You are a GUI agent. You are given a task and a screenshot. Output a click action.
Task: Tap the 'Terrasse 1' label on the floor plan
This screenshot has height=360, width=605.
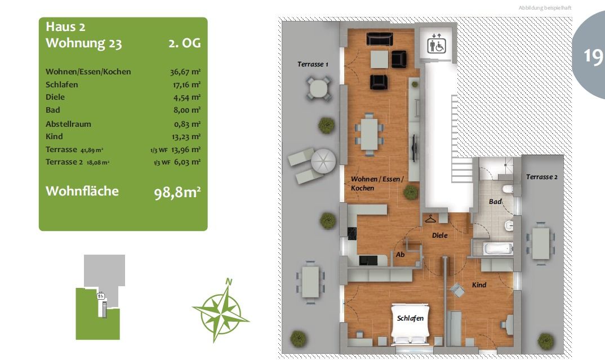pos(313,64)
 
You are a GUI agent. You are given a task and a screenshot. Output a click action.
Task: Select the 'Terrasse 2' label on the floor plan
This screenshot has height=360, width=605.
pos(542,177)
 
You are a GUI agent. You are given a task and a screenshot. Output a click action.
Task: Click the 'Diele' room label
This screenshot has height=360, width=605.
pos(440,235)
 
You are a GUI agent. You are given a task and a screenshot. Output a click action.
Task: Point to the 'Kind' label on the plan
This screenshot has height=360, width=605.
pos(479,285)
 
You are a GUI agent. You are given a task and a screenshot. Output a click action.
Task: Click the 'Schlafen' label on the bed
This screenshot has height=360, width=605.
pos(410,318)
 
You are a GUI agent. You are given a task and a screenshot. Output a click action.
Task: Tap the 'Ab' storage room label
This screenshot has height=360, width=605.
pos(400,255)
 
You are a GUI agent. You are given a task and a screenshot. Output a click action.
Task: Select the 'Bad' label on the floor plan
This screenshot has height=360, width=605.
pos(495,202)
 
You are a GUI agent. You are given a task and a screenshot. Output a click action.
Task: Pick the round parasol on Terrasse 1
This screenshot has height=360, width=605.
pos(323,161)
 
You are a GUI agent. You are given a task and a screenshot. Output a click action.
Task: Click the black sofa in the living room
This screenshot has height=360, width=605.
pos(380,39)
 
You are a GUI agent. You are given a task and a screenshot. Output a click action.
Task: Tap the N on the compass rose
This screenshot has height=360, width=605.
pos(229,282)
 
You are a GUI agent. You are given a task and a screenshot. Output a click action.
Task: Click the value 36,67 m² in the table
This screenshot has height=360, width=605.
pos(185,72)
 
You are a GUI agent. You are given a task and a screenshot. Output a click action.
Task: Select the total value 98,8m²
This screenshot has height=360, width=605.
pos(177,192)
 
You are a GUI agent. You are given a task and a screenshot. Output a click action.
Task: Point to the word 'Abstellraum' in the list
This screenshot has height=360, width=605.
pos(68,125)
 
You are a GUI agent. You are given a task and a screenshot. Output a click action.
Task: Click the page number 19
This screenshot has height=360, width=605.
pos(593,56)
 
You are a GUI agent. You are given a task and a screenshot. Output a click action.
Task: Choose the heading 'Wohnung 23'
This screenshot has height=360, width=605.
pos(84,43)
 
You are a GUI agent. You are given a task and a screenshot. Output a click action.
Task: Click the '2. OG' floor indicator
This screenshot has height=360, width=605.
pos(184,43)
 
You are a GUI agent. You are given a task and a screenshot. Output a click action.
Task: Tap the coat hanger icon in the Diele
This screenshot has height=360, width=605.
pos(430,219)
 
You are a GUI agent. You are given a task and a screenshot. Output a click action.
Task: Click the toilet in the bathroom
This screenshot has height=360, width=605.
pos(508,189)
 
